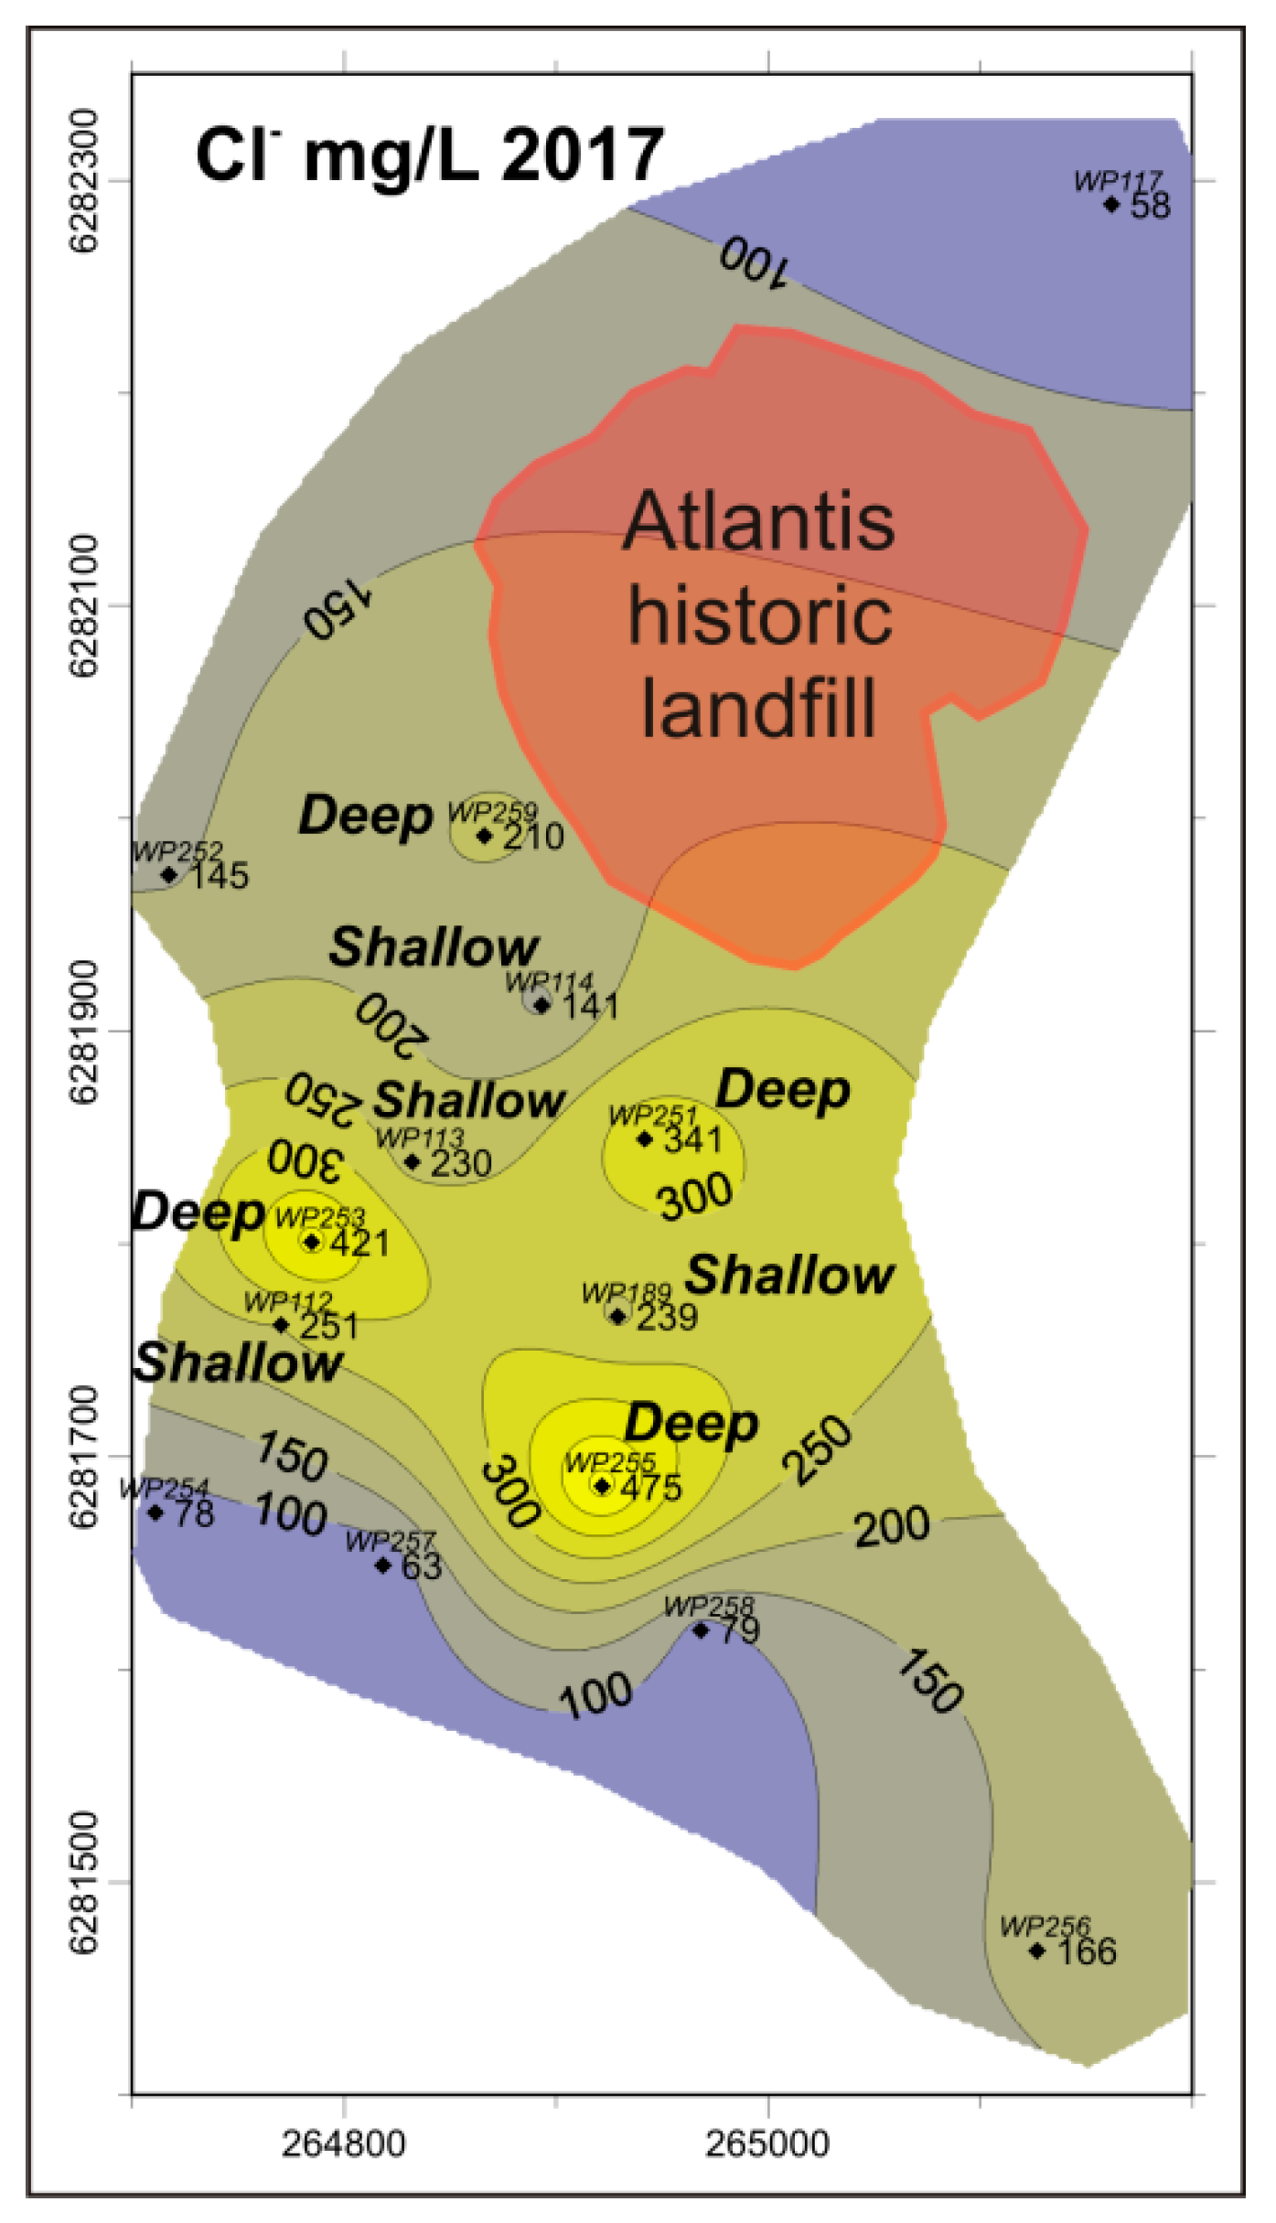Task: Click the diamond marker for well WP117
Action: (x=1111, y=204)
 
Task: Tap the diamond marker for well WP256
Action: (x=1036, y=1950)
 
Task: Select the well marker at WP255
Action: (x=601, y=1486)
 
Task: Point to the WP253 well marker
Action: (x=312, y=1242)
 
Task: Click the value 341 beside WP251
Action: (x=693, y=1140)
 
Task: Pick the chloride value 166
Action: (x=1087, y=1951)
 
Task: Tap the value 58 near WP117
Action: (x=1151, y=205)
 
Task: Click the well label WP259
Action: (x=492, y=811)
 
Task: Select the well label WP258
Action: (x=709, y=1607)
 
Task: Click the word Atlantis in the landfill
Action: (x=759, y=522)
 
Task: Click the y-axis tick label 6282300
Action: (x=83, y=180)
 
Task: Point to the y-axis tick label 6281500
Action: (x=83, y=1881)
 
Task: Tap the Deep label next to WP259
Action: (x=366, y=816)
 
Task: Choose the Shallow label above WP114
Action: (x=434, y=947)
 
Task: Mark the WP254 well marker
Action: (x=156, y=1512)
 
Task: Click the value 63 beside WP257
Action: (x=422, y=1567)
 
